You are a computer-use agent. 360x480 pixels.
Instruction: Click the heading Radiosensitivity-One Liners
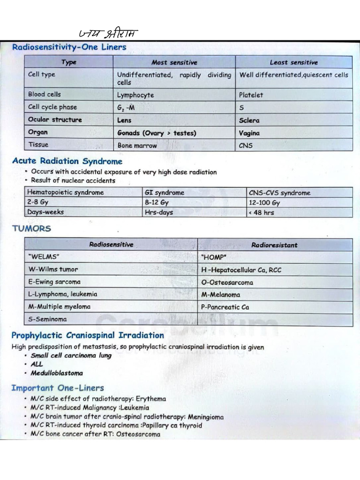tap(69, 47)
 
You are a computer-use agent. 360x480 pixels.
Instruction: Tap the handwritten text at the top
tap(108, 33)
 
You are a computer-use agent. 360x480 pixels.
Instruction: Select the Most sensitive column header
tap(174, 62)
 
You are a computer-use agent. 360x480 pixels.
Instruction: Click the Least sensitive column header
tap(293, 62)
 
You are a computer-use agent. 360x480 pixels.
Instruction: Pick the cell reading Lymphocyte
tap(135, 95)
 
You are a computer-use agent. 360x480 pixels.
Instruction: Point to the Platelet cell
tap(251, 95)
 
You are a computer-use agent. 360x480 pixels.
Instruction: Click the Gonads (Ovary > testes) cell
tap(157, 133)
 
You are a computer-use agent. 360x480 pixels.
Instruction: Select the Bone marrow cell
tap(138, 145)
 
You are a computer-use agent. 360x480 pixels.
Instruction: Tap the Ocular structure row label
tap(55, 120)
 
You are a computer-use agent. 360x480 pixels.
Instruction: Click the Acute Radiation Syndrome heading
tap(67, 161)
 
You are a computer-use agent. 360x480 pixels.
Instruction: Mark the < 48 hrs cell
tap(261, 212)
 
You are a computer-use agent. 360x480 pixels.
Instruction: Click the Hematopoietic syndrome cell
tap(66, 193)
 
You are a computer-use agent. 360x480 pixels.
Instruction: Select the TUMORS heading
tap(31, 229)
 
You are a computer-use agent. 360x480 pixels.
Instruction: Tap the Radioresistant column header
tap(274, 245)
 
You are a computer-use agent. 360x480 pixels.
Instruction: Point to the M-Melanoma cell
tap(221, 294)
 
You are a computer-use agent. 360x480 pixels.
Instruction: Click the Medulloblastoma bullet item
tap(57, 373)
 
